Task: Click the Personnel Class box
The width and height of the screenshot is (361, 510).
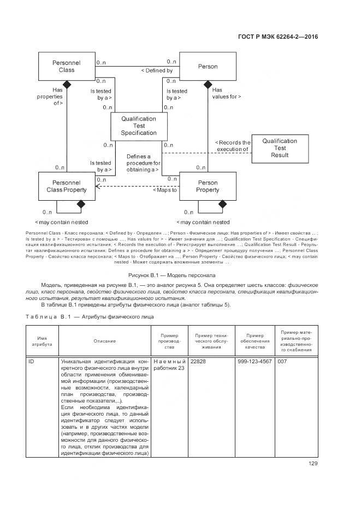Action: coord(66,67)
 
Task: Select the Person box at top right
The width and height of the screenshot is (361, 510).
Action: coord(207,67)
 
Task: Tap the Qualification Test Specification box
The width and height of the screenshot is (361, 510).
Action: coord(139,126)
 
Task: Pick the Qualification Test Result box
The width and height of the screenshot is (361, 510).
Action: coord(280,148)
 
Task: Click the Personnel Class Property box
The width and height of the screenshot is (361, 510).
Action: coord(66,186)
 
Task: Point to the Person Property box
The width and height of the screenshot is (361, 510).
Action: coord(207,187)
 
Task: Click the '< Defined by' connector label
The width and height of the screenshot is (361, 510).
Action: coord(157,71)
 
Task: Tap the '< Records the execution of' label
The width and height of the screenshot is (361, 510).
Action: coord(232,146)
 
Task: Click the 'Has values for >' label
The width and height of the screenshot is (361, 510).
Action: coord(226,93)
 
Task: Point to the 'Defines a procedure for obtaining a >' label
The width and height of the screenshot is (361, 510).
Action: coord(143,163)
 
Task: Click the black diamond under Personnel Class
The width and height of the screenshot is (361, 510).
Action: coord(67,84)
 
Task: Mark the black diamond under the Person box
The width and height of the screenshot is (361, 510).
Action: coord(208,84)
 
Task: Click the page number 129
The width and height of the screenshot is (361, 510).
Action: coord(313,464)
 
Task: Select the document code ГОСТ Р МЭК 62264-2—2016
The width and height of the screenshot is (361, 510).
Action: coord(278,37)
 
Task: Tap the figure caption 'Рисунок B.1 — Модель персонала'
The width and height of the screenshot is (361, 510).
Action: coord(171,275)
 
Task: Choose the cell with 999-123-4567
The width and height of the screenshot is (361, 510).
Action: coord(254,362)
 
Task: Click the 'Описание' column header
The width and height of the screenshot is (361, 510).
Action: coord(104,341)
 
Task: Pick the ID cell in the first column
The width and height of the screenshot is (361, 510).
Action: coord(32,362)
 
